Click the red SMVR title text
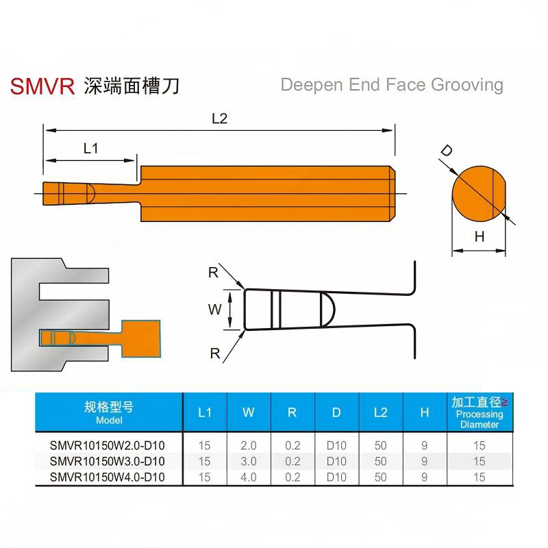[42, 86]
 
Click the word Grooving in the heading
[467, 85]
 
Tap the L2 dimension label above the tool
[219, 119]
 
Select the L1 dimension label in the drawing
[90, 149]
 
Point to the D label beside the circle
[447, 151]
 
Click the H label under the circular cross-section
[480, 237]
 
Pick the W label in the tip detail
[214, 310]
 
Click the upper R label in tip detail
[213, 273]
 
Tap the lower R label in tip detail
[215, 353]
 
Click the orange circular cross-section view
[479, 194]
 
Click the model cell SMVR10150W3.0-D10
[107, 461]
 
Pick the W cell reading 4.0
[249, 477]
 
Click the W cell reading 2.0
[249, 446]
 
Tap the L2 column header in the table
[381, 413]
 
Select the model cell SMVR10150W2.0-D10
[107, 446]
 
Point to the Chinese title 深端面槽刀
[132, 86]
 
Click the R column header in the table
[292, 413]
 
